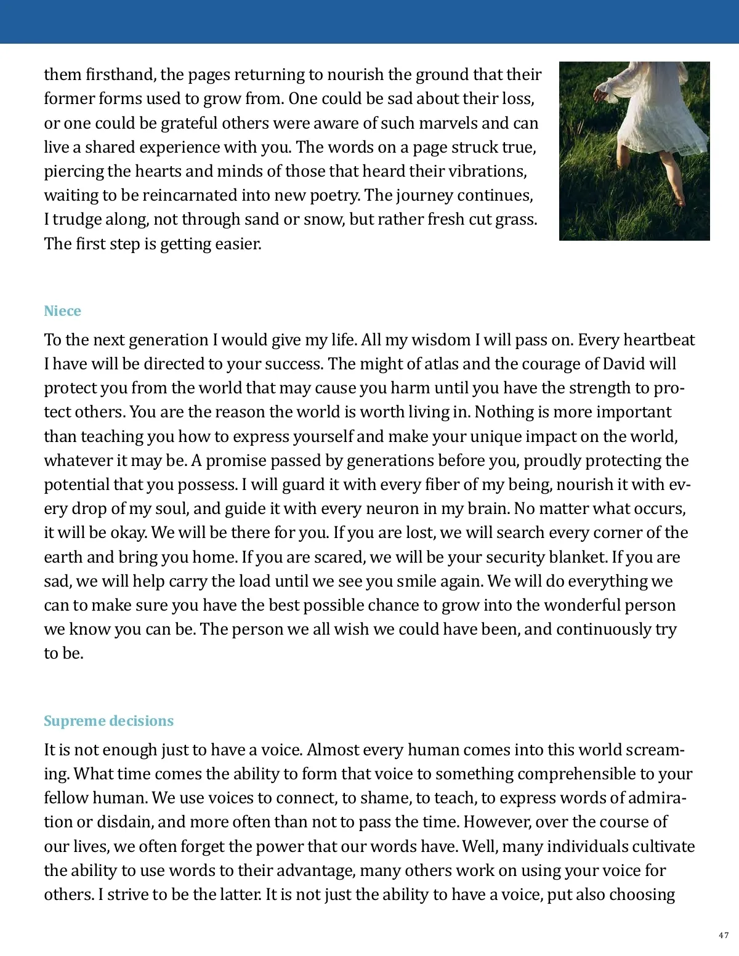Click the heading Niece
coord(62,311)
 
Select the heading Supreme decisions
coord(108,721)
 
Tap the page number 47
coord(724,936)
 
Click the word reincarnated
coord(191,195)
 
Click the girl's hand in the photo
coord(598,94)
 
